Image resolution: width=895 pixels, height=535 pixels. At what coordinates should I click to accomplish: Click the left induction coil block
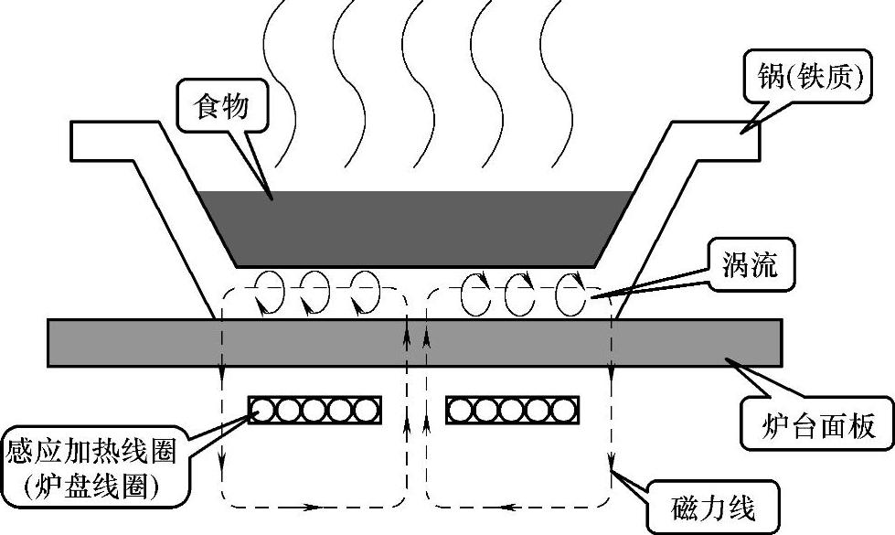pyautogui.click(x=315, y=410)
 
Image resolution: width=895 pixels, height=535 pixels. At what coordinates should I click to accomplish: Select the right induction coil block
pyautogui.click(x=512, y=410)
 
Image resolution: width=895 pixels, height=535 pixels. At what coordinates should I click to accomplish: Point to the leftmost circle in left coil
pyautogui.click(x=265, y=410)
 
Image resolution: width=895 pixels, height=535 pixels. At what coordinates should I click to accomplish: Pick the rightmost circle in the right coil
pyautogui.click(x=564, y=410)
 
